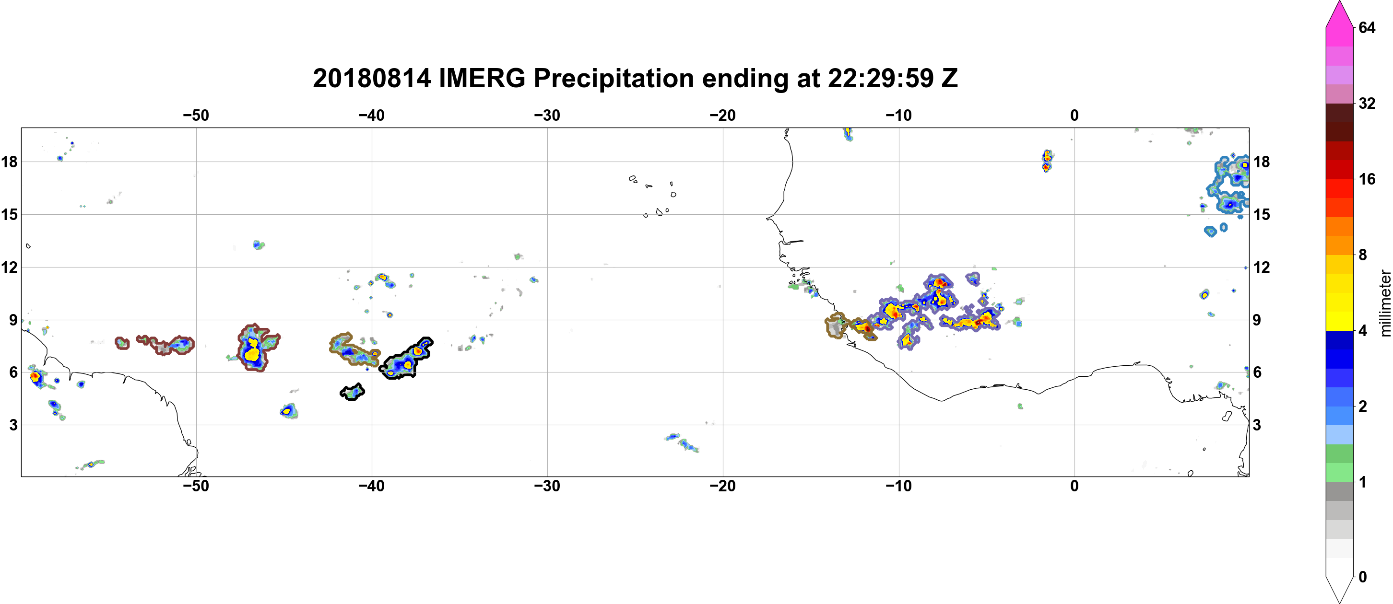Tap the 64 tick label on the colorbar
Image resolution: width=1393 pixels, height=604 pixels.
pyautogui.click(x=1367, y=27)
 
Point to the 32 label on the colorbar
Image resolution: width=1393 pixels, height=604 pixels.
pyautogui.click(x=1367, y=103)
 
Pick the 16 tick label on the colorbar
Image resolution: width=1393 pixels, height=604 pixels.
pyautogui.click(x=1367, y=179)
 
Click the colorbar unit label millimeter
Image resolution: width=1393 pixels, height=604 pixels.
pyautogui.click(x=1384, y=303)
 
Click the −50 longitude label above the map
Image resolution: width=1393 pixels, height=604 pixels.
pyautogui.click(x=196, y=115)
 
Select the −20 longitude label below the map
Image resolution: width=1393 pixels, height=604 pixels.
pyautogui.click(x=723, y=486)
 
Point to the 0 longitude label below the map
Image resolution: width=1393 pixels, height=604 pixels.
pyautogui.click(x=1074, y=486)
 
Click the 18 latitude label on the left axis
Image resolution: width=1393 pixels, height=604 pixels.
pyautogui.click(x=9, y=162)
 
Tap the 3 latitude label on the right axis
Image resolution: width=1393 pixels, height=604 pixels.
pyautogui.click(x=1257, y=425)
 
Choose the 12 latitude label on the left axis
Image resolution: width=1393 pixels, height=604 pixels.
pyautogui.click(x=9, y=267)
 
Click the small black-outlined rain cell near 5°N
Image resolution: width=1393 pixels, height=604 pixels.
pyautogui.click(x=352, y=392)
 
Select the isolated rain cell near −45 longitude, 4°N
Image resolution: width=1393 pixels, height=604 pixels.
pyautogui.click(x=289, y=411)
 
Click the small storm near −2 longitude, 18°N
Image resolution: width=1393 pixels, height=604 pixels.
pyautogui.click(x=1047, y=161)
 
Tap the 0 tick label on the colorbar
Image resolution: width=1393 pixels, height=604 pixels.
pyautogui.click(x=1363, y=577)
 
